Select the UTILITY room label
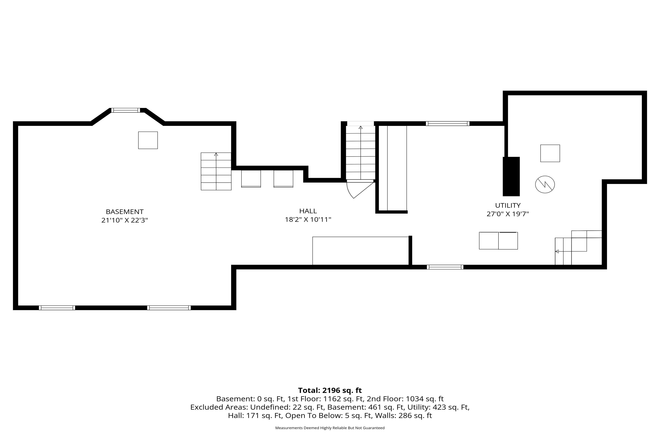tap(508, 205)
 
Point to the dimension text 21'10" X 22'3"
tap(125, 220)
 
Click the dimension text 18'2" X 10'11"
tap(308, 220)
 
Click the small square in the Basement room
tap(148, 140)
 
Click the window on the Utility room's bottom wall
tap(445, 267)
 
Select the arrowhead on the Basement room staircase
tap(216, 154)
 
